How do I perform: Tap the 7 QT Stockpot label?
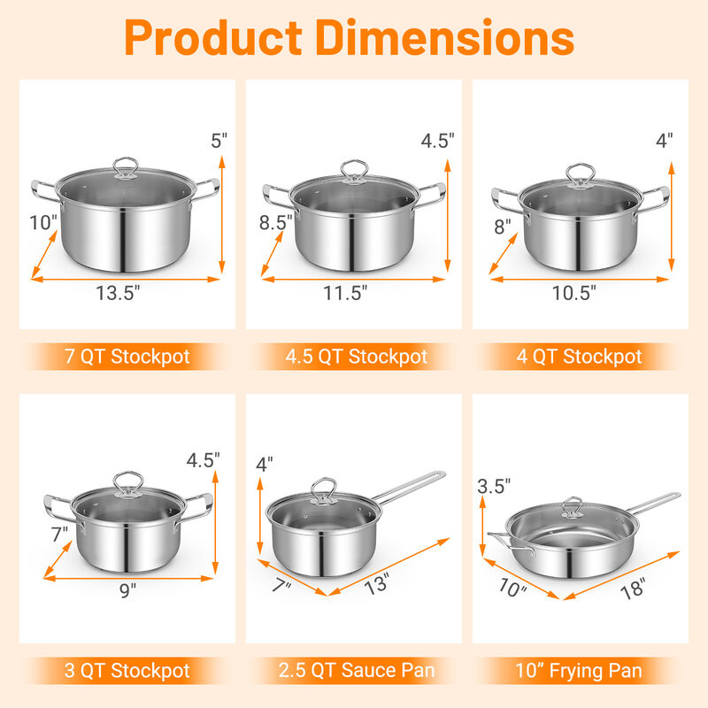coord(127,358)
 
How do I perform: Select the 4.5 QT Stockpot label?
coord(354,358)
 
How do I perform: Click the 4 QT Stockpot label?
coord(580,358)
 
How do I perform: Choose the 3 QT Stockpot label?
coord(127,670)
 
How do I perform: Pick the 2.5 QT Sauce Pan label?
coord(354,670)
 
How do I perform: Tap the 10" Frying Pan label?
coord(580,670)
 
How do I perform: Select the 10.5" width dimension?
coord(574,293)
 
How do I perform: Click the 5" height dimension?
coord(219,139)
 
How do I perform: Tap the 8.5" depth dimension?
coord(276,224)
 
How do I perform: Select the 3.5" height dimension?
coord(494,486)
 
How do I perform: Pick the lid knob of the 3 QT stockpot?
coord(128,482)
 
